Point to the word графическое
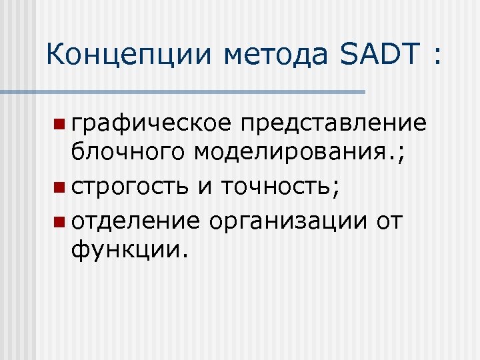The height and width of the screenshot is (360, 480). tap(152, 125)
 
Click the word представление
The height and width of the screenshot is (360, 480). tap(333, 125)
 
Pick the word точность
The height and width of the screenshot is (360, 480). tap(274, 188)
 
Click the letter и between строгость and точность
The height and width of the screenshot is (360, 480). tap(205, 189)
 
